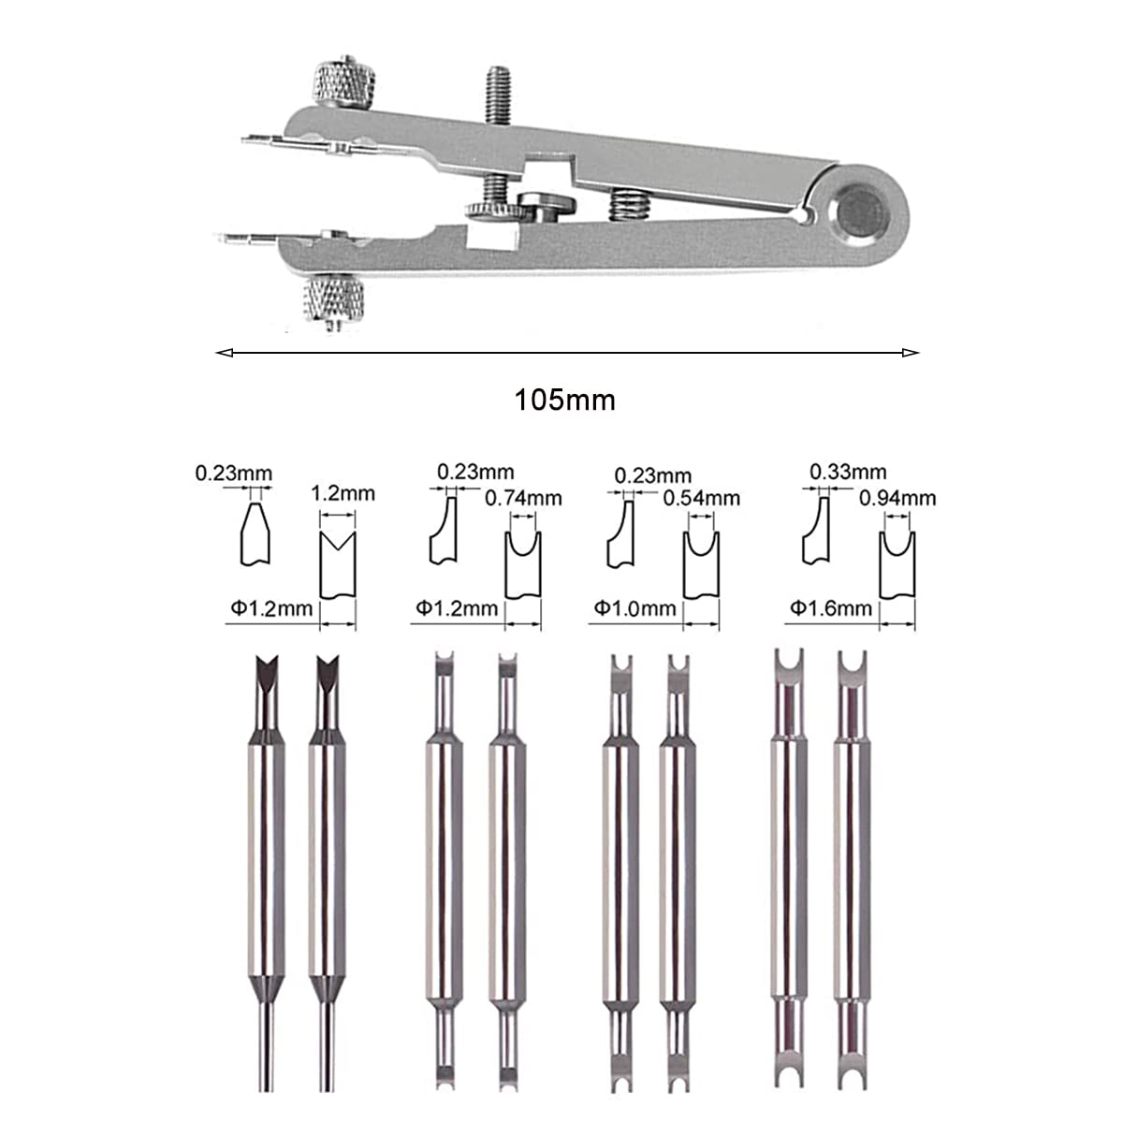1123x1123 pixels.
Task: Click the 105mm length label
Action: [x=564, y=401]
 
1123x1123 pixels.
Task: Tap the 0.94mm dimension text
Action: [x=897, y=498]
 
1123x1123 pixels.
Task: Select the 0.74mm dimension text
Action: [x=523, y=498]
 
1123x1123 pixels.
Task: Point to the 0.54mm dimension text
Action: [x=701, y=498]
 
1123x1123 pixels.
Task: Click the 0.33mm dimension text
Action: [x=848, y=472]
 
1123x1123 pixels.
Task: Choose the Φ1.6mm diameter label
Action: [x=830, y=608]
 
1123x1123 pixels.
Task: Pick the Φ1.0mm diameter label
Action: [x=634, y=608]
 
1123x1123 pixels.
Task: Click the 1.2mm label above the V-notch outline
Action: [x=343, y=493]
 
